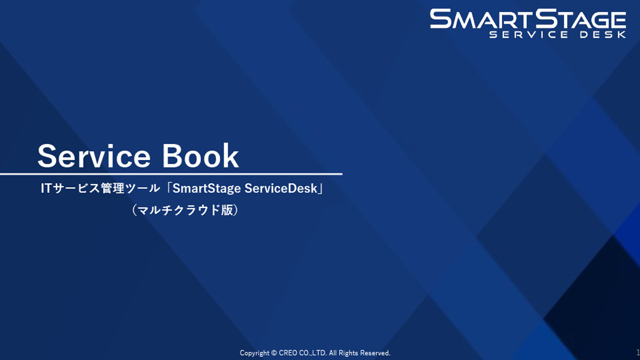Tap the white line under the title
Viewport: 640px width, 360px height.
click(x=171, y=174)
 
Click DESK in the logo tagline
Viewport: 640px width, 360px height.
click(x=603, y=35)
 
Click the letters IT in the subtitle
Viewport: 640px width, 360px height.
click(x=47, y=189)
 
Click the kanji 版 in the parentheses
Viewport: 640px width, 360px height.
click(x=226, y=210)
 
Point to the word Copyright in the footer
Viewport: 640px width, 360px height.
click(x=255, y=353)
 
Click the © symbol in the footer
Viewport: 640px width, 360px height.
click(x=274, y=353)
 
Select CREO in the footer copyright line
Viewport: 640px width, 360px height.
click(x=287, y=353)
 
